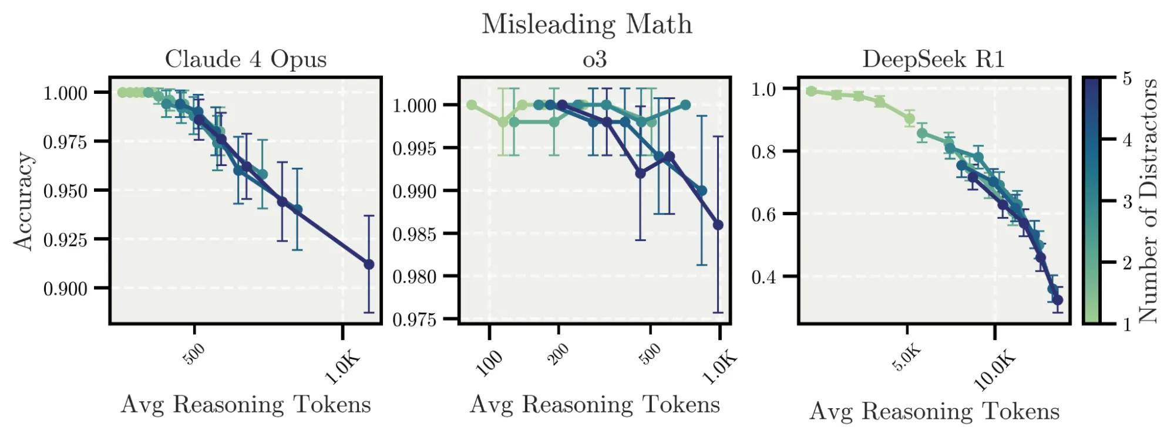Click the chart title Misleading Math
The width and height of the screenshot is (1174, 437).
587,25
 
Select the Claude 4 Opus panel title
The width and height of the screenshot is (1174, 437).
245,59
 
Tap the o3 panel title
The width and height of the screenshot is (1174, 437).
594,59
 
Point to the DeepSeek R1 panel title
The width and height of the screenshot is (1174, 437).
933,59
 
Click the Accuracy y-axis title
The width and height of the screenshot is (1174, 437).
24,201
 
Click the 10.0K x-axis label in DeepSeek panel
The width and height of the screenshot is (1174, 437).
994,370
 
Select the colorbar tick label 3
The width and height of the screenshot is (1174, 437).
1127,201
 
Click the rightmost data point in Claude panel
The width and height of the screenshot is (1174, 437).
369,265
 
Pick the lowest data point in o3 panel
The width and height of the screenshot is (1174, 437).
718,225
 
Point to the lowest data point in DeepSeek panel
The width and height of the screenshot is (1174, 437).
1058,300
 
